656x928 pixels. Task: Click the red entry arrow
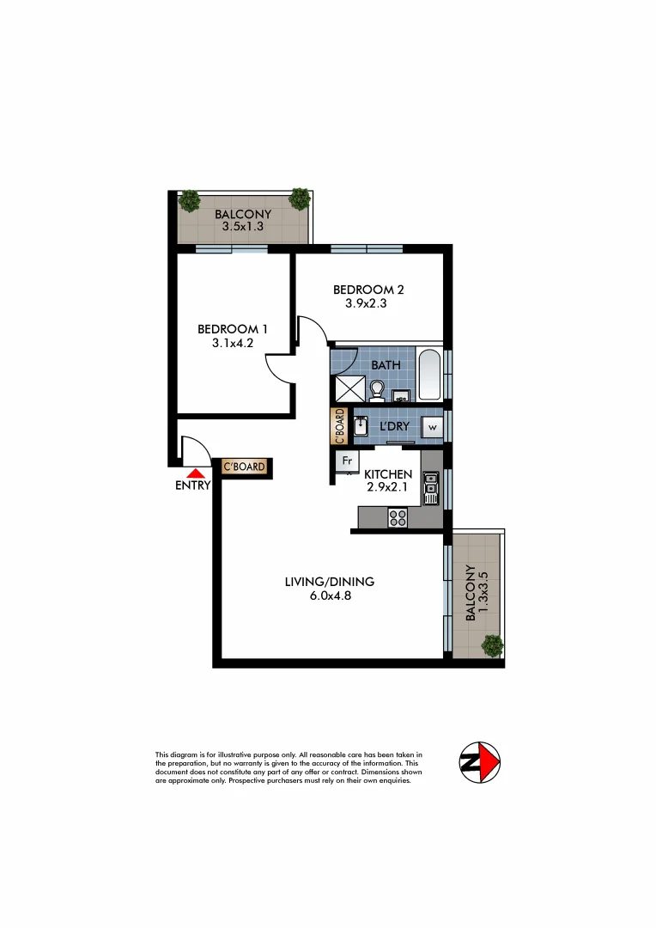[x=197, y=472]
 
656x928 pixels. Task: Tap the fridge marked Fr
[x=347, y=461]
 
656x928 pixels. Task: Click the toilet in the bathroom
[x=376, y=391]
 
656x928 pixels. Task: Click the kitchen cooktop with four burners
[x=398, y=516]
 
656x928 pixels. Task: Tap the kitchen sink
[x=430, y=489]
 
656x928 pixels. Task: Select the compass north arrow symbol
[x=480, y=762]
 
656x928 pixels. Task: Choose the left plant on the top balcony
[x=189, y=201]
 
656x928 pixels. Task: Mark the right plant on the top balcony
[x=300, y=198]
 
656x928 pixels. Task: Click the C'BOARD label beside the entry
[x=244, y=467]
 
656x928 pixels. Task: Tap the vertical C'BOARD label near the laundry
[x=338, y=425]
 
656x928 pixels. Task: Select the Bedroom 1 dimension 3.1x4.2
[x=233, y=343]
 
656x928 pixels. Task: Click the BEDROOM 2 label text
[x=368, y=290]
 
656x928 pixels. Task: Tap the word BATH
[x=386, y=365]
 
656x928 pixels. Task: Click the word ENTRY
[x=192, y=486]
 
